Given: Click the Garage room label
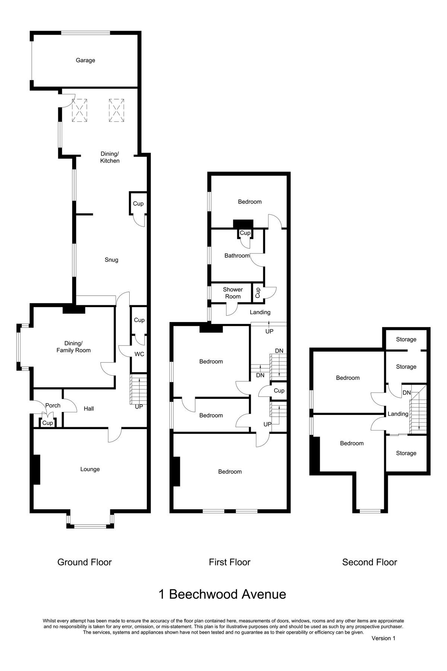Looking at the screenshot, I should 85,60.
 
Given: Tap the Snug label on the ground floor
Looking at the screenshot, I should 111,260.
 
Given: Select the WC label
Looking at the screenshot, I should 139,354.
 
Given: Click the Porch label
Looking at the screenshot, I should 53,406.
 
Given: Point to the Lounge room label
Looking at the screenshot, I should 90,469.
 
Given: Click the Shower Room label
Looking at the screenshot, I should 233,293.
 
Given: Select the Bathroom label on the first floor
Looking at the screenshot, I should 237,256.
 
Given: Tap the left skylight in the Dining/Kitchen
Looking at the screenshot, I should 79,110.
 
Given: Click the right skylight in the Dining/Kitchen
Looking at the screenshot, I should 116,110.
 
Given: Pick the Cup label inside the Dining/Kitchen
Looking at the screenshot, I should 138,204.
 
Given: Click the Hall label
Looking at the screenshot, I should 89,409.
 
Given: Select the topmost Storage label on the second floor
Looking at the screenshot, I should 406,339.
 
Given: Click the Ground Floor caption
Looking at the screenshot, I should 85,562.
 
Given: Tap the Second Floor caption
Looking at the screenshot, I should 370,562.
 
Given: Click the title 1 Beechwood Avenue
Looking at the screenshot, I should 222,594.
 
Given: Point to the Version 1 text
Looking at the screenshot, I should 383,638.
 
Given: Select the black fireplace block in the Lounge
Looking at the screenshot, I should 37,469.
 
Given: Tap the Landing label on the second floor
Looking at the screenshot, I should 398,414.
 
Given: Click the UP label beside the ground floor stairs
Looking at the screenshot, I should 139,407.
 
